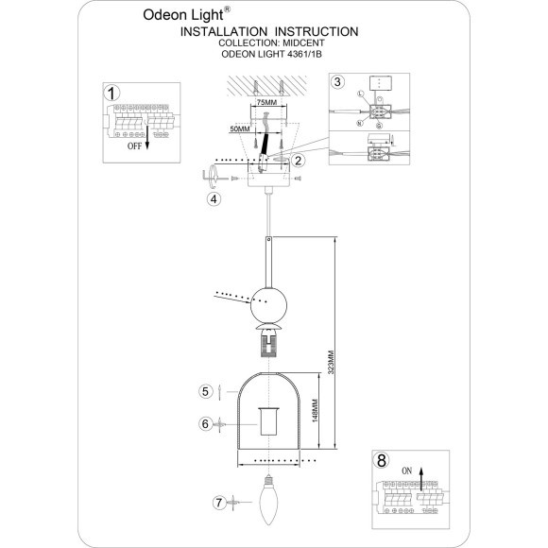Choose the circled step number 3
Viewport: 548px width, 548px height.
[338, 82]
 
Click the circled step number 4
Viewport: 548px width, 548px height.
[214, 199]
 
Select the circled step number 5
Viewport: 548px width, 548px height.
[202, 390]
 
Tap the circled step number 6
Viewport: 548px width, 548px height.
[202, 423]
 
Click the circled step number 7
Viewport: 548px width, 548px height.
[218, 502]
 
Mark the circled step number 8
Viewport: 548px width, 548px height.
[381, 461]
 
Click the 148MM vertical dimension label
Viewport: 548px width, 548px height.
[314, 412]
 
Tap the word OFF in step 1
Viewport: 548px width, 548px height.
[136, 148]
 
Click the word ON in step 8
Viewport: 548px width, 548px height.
[408, 469]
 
